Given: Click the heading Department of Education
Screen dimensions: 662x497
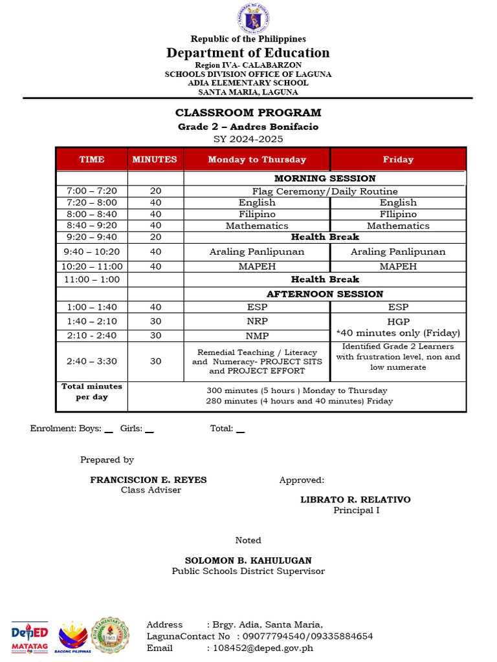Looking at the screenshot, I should click(x=248, y=52).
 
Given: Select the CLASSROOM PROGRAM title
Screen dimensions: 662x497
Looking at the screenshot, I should click(x=248, y=112).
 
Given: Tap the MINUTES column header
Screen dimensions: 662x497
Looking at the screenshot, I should click(x=155, y=159).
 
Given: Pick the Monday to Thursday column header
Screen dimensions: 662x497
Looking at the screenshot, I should click(x=257, y=159).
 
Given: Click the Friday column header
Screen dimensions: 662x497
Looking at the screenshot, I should click(x=398, y=159).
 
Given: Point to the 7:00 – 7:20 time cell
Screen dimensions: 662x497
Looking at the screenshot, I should click(x=91, y=191).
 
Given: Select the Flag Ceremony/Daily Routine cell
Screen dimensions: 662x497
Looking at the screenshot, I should click(x=325, y=191).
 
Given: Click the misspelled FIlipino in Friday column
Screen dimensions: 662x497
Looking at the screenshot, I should click(x=398, y=214).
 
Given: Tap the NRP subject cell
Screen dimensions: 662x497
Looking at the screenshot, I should click(x=257, y=321).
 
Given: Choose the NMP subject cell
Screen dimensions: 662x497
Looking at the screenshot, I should click(x=257, y=336).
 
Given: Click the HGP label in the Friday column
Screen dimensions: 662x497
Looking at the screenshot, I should click(x=398, y=321).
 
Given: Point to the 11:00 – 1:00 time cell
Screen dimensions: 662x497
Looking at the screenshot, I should click(x=91, y=279).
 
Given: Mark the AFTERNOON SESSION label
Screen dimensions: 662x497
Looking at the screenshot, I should click(x=325, y=294).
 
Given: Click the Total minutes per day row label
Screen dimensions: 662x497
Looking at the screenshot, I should click(x=91, y=392).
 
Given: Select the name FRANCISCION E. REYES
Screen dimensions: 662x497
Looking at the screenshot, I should click(x=148, y=480).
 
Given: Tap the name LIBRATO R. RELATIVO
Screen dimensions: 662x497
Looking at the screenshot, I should click(x=355, y=500).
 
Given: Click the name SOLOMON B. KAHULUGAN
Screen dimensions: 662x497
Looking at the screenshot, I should click(x=248, y=561).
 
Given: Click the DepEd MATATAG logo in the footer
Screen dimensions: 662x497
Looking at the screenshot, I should click(x=30, y=637).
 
